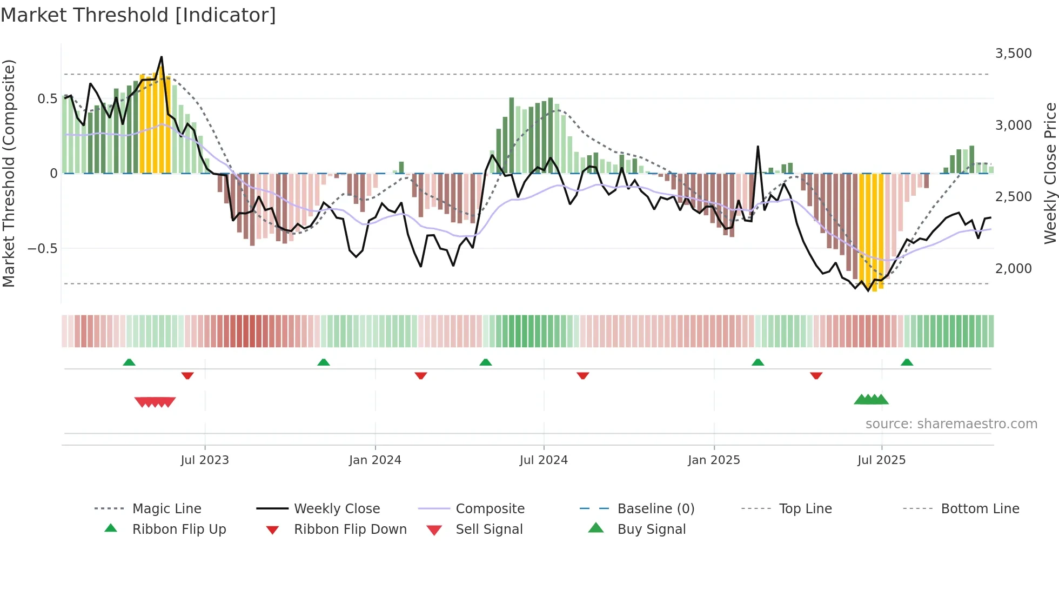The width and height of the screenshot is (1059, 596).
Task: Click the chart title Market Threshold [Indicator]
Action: click(138, 15)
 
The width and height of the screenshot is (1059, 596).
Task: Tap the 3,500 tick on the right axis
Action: click(1013, 54)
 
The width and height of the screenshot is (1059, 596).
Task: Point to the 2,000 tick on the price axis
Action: click(1013, 268)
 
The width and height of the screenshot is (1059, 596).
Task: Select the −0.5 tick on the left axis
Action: click(42, 249)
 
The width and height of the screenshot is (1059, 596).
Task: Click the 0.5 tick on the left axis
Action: click(47, 99)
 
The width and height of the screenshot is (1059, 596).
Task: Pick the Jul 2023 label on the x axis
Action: click(205, 460)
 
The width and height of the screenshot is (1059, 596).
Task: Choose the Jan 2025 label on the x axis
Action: click(714, 460)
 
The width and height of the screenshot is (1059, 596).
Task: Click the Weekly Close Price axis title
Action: click(1050, 173)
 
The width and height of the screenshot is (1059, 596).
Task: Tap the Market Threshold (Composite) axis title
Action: click(9, 173)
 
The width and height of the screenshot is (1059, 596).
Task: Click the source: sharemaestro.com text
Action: click(951, 424)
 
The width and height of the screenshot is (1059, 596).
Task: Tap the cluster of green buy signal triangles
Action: click(871, 400)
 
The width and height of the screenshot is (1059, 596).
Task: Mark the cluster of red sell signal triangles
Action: click(155, 402)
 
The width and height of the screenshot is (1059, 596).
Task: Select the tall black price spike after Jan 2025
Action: click(758, 147)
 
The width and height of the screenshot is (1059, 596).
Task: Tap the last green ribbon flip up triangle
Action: click(907, 362)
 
